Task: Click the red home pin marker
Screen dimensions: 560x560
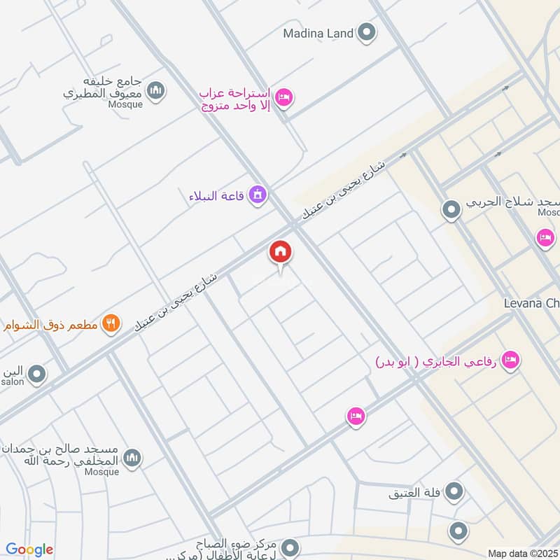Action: click(x=281, y=252)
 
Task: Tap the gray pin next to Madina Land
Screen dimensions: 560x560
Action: click(x=366, y=32)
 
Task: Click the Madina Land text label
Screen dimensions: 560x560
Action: click(x=318, y=33)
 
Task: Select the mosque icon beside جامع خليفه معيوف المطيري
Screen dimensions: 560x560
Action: click(x=157, y=90)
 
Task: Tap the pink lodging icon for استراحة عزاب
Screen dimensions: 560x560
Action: click(x=283, y=97)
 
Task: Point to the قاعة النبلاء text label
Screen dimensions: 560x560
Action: click(x=216, y=195)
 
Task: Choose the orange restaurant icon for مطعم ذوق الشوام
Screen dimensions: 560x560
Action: click(x=110, y=323)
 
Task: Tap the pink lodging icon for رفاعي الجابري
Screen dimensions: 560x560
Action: click(x=511, y=359)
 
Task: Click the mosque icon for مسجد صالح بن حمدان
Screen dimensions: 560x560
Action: click(x=132, y=458)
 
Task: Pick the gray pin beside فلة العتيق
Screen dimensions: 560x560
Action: click(x=455, y=492)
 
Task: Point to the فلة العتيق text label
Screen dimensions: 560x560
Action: click(x=416, y=493)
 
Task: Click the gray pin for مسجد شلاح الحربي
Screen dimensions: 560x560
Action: click(x=451, y=208)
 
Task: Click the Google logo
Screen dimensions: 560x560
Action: click(x=29, y=549)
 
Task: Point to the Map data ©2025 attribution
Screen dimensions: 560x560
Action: click(x=522, y=553)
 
